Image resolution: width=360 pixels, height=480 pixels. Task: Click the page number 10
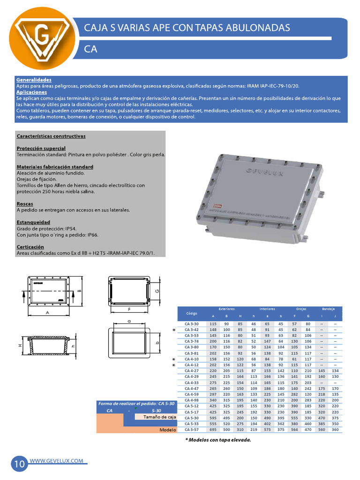point(20,464)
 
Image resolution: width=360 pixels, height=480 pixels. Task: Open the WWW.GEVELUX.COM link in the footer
point(57,461)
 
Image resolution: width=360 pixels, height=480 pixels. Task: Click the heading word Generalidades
point(34,80)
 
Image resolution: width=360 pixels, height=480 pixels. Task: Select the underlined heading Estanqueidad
point(33,222)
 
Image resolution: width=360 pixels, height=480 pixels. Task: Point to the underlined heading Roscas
point(24,204)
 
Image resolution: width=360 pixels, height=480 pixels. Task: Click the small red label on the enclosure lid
point(217,204)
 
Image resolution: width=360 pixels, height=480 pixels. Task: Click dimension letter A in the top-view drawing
point(47,311)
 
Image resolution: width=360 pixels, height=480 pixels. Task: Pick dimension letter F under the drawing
point(128,310)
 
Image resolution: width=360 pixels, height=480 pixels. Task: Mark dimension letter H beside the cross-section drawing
point(20,345)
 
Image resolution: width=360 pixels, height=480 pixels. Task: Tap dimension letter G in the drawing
point(157,291)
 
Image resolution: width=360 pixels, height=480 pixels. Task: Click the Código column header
point(192,313)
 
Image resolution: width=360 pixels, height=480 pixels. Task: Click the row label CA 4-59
point(192,395)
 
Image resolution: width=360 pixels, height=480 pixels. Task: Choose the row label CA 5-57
point(192,429)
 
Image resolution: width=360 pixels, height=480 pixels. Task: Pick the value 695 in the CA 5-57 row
point(213,429)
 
